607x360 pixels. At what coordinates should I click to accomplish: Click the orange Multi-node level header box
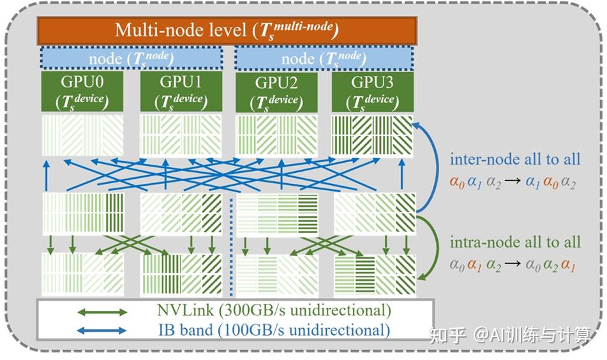pyautogui.click(x=227, y=30)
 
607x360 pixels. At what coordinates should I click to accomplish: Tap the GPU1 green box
pyautogui.click(x=181, y=91)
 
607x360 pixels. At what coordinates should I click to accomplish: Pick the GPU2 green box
pyautogui.click(x=276, y=91)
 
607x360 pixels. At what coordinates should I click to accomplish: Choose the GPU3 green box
pyautogui.click(x=373, y=91)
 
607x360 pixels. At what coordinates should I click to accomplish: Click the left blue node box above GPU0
pyautogui.click(x=131, y=59)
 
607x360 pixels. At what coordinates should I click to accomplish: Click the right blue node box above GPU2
pyautogui.click(x=324, y=59)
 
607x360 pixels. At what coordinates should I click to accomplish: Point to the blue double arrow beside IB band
pyautogui.click(x=101, y=331)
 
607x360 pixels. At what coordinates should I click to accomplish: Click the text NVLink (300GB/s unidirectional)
pyautogui.click(x=273, y=311)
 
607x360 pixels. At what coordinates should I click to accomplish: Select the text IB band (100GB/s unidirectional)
pyautogui.click(x=273, y=330)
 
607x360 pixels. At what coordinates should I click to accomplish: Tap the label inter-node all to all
pyautogui.click(x=515, y=159)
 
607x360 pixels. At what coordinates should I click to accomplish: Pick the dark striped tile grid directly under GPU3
pyautogui.click(x=373, y=135)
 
